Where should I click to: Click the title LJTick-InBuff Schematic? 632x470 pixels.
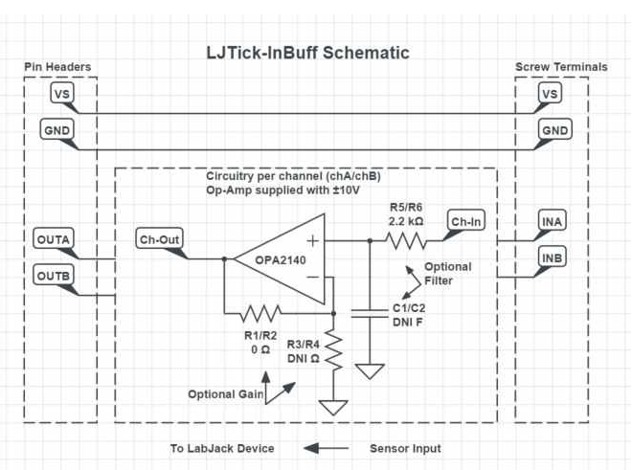pyautogui.click(x=307, y=53)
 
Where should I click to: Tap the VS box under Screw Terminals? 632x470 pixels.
pyautogui.click(x=550, y=94)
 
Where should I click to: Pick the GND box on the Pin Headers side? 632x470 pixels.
pyautogui.click(x=56, y=129)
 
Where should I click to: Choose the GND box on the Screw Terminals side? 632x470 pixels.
pyautogui.click(x=554, y=129)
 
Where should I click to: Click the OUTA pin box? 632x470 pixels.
pyautogui.click(x=54, y=237)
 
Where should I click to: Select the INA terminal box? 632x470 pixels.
pyautogui.click(x=552, y=222)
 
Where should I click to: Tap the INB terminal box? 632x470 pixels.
pyautogui.click(x=552, y=258)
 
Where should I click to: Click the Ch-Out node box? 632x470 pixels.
pyautogui.click(x=158, y=239)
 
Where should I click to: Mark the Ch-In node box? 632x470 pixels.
pyautogui.click(x=467, y=222)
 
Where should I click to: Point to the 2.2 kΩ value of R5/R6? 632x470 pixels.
pyautogui.click(x=407, y=220)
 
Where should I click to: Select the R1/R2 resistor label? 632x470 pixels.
pyautogui.click(x=260, y=336)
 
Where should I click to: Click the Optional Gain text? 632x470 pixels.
pyautogui.click(x=224, y=394)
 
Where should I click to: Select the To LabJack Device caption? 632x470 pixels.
pyautogui.click(x=222, y=448)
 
